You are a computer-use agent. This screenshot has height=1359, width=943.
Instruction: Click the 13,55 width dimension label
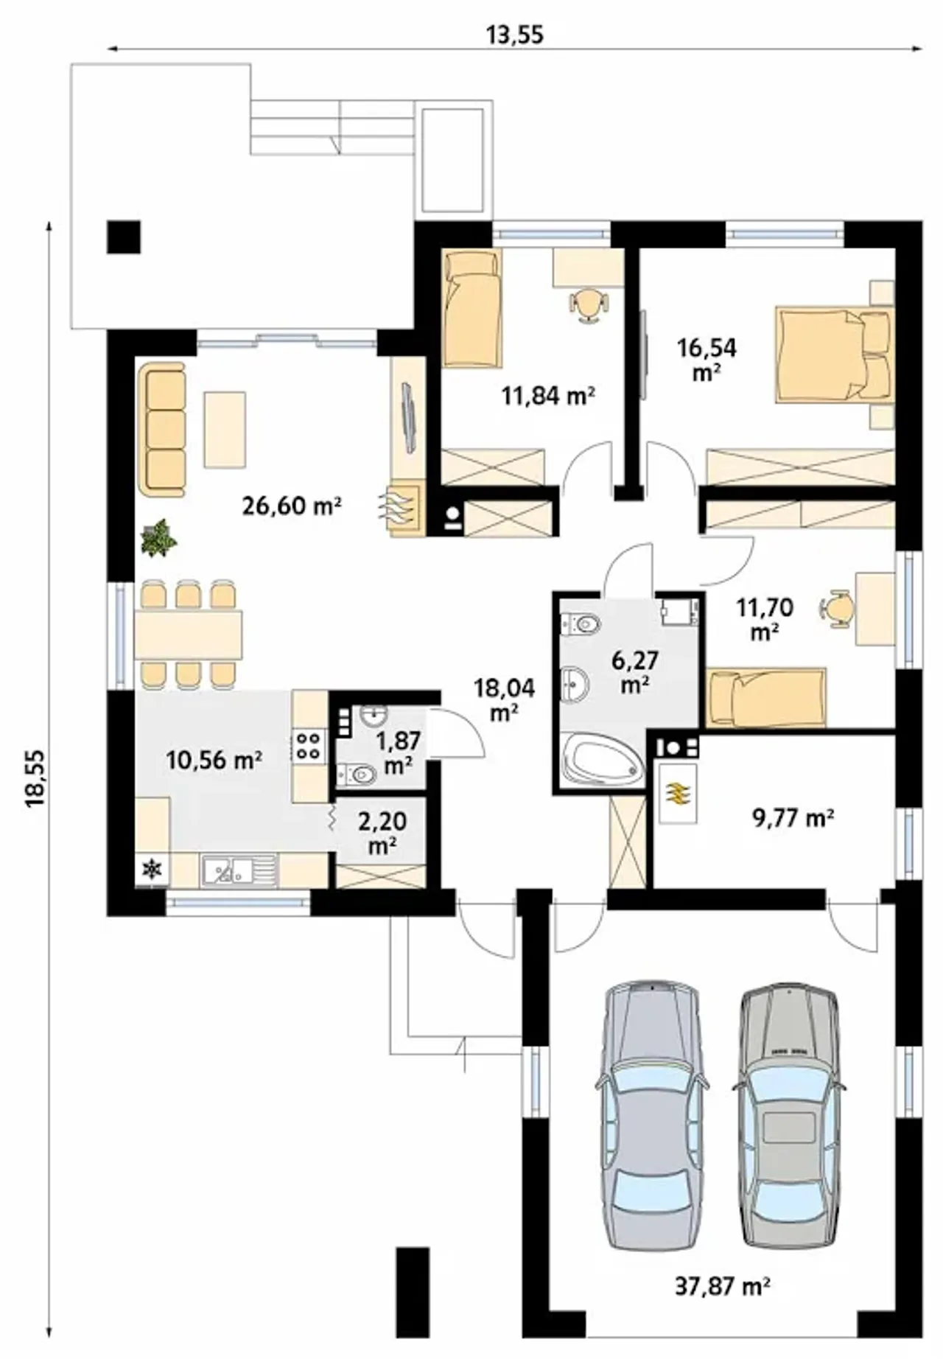tap(515, 34)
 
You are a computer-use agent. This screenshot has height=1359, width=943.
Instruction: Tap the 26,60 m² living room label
tap(292, 506)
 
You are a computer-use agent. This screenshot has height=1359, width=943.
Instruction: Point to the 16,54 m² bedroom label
tap(707, 359)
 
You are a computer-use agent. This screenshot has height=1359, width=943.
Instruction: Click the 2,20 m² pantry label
tap(382, 832)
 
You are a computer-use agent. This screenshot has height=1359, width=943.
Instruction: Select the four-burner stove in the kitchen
tap(309, 744)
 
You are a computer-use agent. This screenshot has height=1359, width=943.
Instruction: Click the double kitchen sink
tap(239, 870)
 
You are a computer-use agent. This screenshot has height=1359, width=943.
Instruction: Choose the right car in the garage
tap(788, 1116)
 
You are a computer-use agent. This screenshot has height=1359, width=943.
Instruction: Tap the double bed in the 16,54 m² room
tap(835, 355)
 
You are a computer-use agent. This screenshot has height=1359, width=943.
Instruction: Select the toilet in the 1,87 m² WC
tap(357, 774)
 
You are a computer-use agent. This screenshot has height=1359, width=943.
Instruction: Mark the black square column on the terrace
tap(123, 237)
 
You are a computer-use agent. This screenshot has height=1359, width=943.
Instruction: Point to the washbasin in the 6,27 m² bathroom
tap(575, 683)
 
